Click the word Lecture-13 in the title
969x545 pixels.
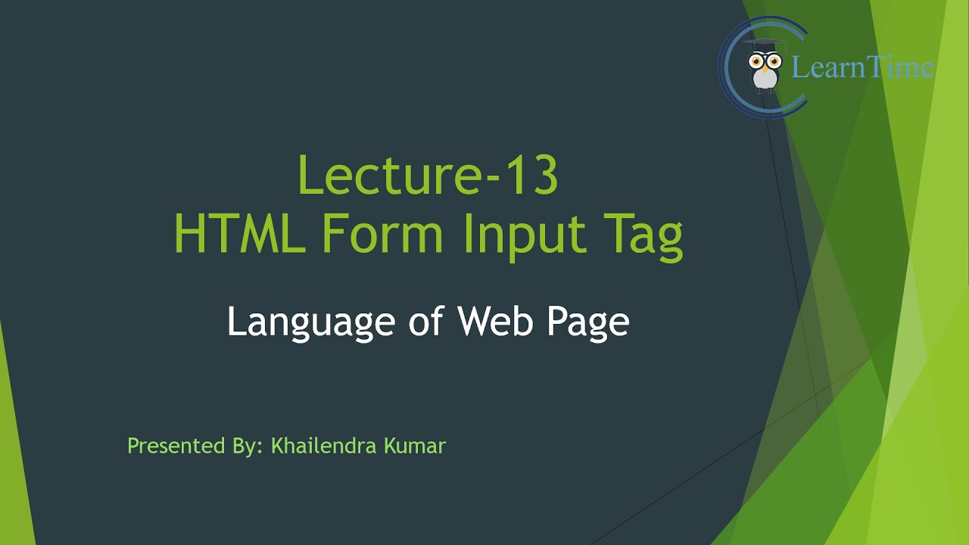tap(428, 176)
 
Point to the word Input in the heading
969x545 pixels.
tap(525, 236)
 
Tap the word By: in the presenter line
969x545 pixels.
tap(248, 447)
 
